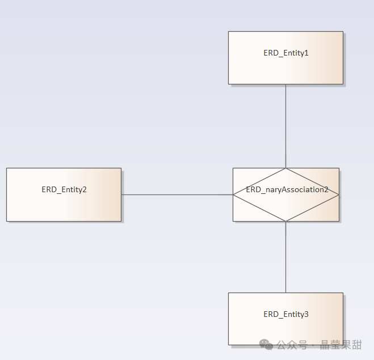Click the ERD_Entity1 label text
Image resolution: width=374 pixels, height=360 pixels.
pyautogui.click(x=285, y=53)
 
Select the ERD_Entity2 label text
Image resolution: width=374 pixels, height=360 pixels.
pyautogui.click(x=64, y=189)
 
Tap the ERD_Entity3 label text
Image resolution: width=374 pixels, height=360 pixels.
pyautogui.click(x=286, y=314)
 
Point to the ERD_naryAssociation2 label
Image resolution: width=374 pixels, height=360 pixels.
pyautogui.click(x=287, y=190)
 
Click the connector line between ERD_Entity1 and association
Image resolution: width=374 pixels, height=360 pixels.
pyautogui.click(x=285, y=125)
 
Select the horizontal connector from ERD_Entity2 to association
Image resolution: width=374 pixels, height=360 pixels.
pyautogui.click(x=176, y=194)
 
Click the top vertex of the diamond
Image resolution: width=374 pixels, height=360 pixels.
pyautogui.click(x=285, y=168)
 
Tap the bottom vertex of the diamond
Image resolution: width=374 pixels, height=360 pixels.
pyautogui.click(x=285, y=221)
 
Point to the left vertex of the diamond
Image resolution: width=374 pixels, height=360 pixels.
pyautogui.click(x=233, y=194)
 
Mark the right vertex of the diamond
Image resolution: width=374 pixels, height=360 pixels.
pyautogui.click(x=339, y=194)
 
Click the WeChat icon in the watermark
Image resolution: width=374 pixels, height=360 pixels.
pyautogui.click(x=266, y=344)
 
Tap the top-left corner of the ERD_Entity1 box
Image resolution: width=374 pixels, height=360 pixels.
pyautogui.click(x=229, y=32)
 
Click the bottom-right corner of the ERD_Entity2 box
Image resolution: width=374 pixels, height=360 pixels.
pyautogui.click(x=121, y=221)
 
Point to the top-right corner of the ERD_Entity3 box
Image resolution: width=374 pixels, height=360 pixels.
pyautogui.click(x=343, y=293)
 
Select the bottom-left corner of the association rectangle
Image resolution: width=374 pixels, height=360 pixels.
pyautogui.click(x=233, y=221)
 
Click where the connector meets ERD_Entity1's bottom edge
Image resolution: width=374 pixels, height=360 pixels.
pyautogui.click(x=285, y=84)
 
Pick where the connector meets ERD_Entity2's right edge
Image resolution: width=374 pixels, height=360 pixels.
pyautogui.click(x=121, y=194)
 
